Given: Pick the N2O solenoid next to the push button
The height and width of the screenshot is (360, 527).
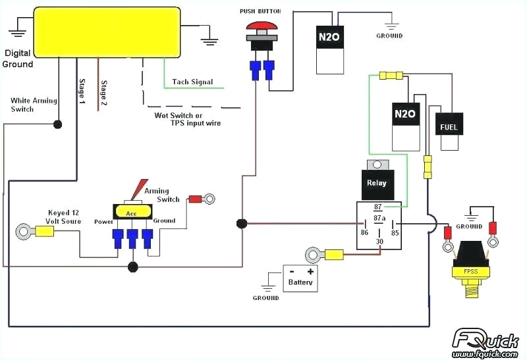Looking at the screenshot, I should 329,38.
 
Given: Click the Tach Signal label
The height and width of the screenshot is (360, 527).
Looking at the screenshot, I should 192,82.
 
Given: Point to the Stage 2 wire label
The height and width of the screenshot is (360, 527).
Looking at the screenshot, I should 103,93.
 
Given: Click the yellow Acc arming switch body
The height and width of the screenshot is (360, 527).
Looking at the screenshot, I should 133,211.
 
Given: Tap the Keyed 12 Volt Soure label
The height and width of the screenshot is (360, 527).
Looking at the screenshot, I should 64,217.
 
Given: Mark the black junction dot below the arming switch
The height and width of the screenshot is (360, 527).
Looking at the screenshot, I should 133,267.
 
